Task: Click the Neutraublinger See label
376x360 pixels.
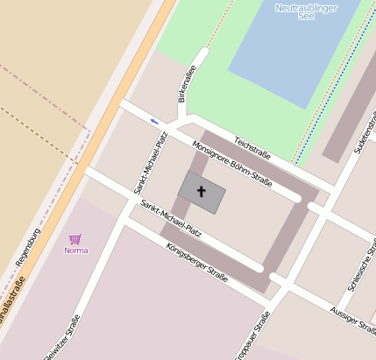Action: coord(306,11)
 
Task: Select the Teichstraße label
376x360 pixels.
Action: coord(252,148)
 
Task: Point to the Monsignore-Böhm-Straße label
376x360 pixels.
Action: coord(231,164)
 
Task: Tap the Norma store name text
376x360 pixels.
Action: coord(76,251)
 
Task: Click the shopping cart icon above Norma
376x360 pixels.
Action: coord(75,238)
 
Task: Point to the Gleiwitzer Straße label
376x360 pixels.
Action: coord(67,338)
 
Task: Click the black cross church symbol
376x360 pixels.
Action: coord(201,191)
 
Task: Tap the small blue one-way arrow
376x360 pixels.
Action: coord(154,121)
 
